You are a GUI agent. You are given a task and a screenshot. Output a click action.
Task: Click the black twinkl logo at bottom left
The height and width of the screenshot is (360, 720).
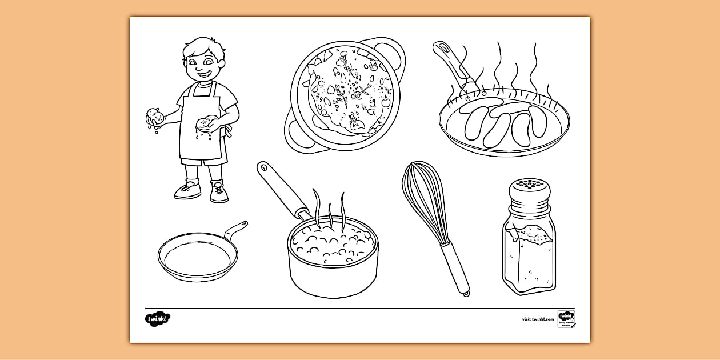point(158,318)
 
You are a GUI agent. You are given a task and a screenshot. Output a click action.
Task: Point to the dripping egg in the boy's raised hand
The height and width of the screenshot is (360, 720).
point(156,117)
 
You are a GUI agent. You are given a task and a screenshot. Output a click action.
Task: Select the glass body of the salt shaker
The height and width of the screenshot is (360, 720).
point(529,257)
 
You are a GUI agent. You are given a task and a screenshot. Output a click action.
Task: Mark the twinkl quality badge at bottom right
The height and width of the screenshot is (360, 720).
point(566,319)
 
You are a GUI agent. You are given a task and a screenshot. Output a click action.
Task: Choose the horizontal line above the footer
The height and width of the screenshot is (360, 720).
point(360,308)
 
